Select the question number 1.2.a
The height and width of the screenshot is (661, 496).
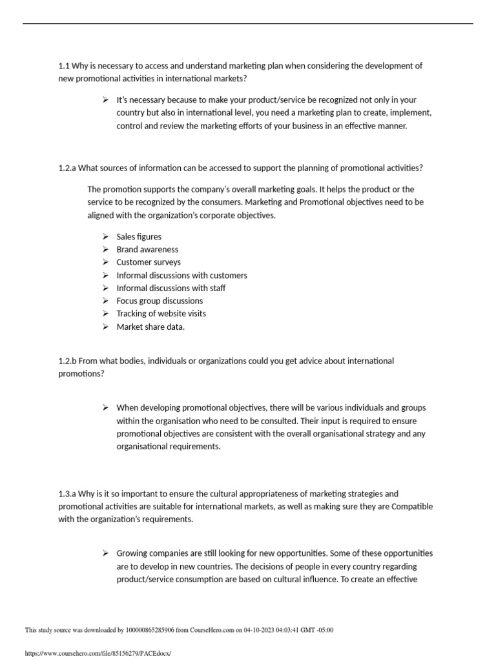[x=67, y=168]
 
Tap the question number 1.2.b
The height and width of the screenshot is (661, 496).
[x=67, y=361]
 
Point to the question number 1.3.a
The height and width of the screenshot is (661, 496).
[x=67, y=494]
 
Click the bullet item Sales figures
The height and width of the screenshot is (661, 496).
[x=139, y=237]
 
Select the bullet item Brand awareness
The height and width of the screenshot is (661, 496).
[x=147, y=250]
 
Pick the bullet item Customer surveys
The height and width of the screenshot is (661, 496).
[x=149, y=263]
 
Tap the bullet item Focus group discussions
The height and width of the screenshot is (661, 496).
[x=160, y=301]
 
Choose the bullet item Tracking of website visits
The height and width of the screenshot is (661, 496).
[x=161, y=314]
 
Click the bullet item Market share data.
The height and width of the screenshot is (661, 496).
[x=150, y=327]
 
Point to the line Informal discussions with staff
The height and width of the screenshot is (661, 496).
[x=171, y=288]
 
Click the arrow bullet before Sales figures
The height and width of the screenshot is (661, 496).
[x=105, y=237]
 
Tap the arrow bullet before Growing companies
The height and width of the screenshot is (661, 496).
[x=105, y=553]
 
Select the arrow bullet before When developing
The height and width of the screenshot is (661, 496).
[x=105, y=408]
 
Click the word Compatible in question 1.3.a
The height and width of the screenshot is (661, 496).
[x=409, y=507]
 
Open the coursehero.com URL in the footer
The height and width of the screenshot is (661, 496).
[x=98, y=653]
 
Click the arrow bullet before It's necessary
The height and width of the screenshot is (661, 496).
[x=105, y=100]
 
